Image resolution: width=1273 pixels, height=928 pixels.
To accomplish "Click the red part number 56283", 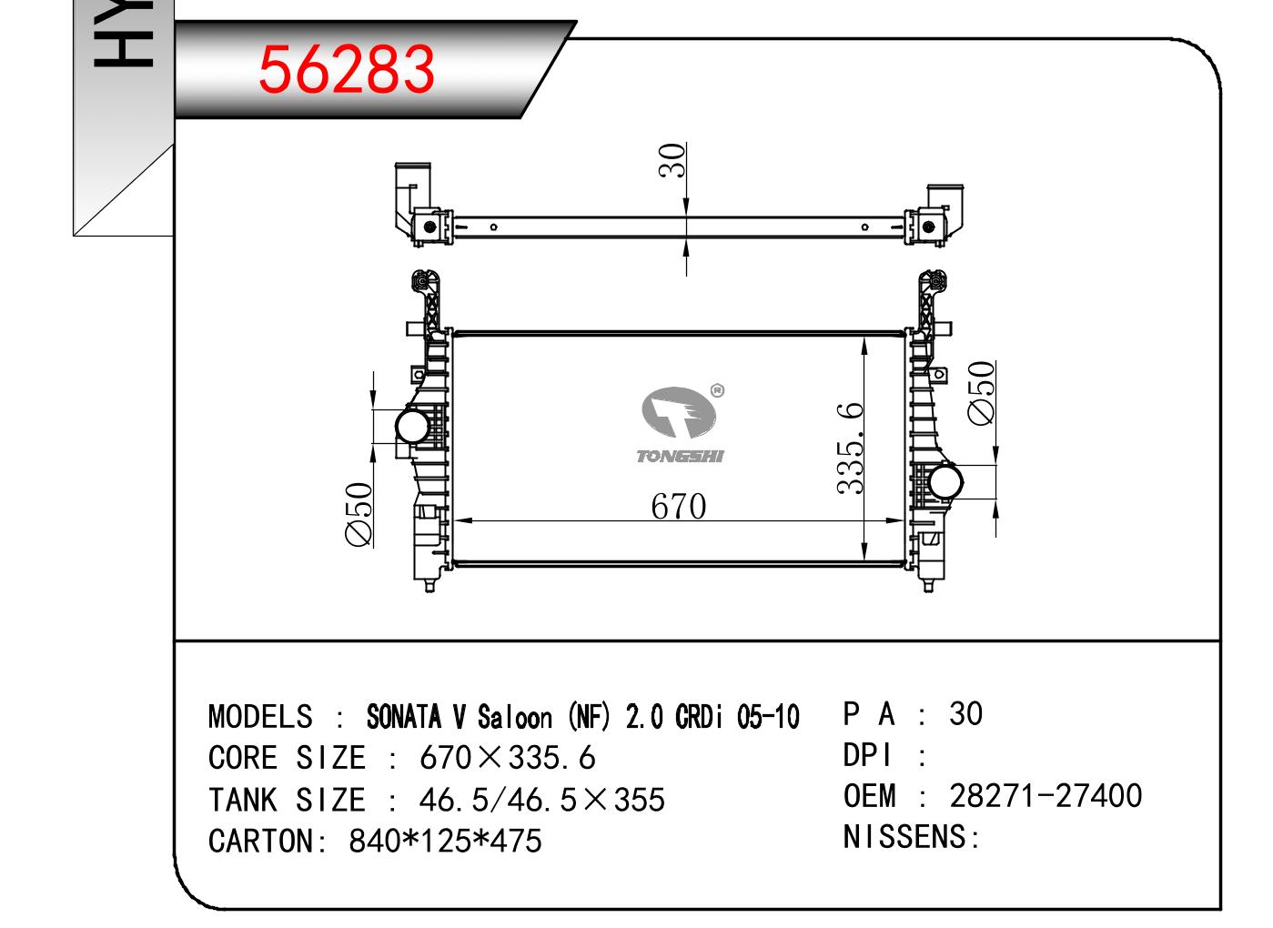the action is (346, 70).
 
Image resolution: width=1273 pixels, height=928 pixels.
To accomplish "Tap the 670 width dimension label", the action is (679, 507).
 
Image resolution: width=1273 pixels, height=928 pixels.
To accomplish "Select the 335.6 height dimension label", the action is (850, 448).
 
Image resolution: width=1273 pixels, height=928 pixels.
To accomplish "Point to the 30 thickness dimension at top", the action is (672, 160).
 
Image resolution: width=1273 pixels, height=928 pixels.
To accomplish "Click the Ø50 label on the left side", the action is (359, 514).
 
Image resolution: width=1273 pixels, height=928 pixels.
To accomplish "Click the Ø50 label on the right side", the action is (982, 393).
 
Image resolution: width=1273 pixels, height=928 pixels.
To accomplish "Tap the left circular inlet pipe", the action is (412, 426).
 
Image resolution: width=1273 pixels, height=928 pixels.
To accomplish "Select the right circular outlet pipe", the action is (945, 482).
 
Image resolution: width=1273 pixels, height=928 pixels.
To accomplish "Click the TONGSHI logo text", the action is (680, 457).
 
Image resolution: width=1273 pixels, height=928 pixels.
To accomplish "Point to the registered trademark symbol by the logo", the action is (718, 390).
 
